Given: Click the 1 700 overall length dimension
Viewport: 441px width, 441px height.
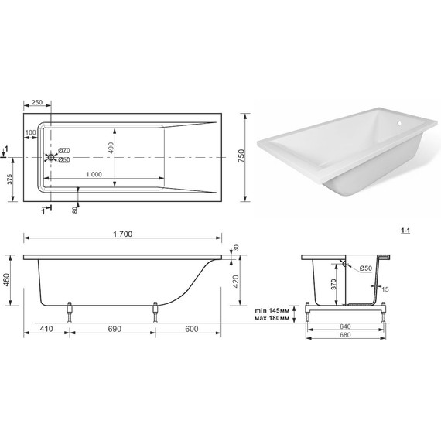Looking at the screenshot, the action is tap(122, 234).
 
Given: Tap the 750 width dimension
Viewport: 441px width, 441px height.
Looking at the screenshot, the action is tap(241, 156).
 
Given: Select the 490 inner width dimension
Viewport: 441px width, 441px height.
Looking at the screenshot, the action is tap(111, 148).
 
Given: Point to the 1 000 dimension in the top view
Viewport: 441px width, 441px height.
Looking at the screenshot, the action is tap(94, 174).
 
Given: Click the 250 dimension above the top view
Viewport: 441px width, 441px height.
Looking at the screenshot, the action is tap(37, 102).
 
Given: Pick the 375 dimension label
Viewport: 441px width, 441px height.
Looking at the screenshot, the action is tap(9, 179).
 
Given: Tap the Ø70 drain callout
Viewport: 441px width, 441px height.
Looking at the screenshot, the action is tap(64, 150).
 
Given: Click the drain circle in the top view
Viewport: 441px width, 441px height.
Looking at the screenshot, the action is tap(50, 157).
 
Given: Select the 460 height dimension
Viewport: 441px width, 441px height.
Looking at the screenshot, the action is tap(6, 280).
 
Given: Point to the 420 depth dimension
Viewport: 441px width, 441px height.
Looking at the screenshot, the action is tap(236, 282).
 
